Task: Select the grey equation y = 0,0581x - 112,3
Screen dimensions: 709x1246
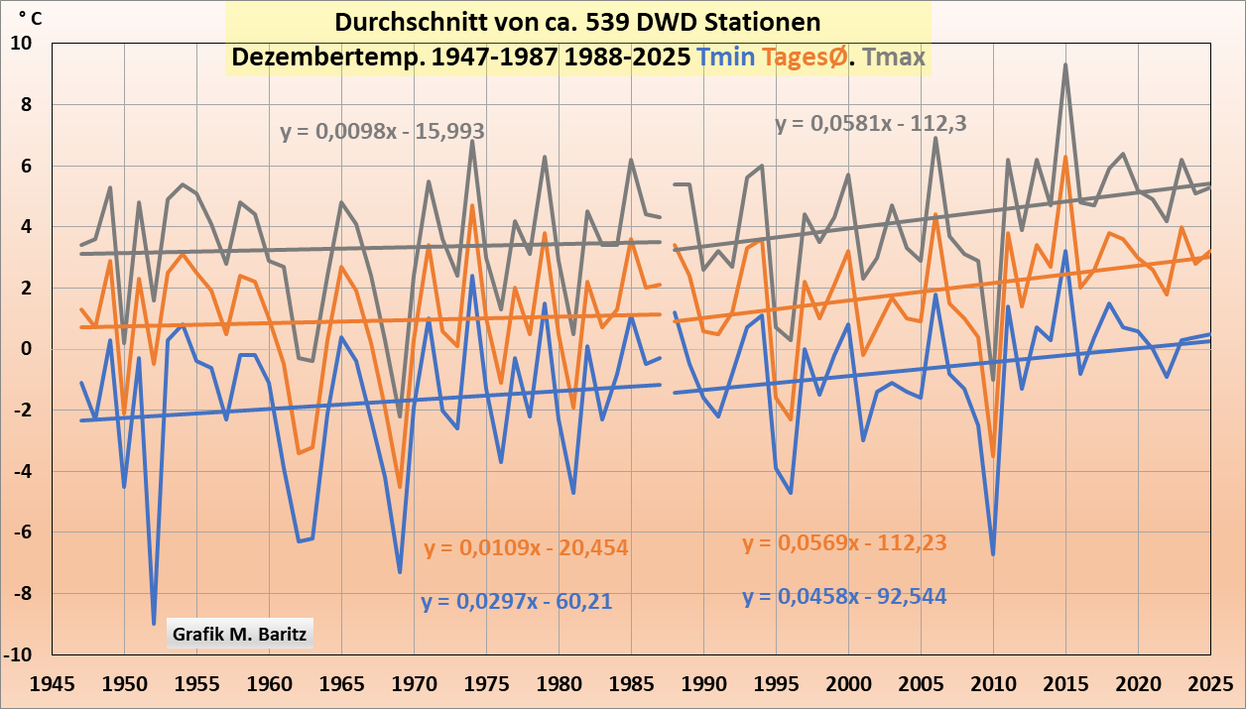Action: coord(871,124)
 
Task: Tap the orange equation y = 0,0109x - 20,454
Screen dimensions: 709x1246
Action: coord(526,547)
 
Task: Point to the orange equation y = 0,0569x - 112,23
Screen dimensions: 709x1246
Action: coord(844,542)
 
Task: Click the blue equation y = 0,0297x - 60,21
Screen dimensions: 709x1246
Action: coord(516,601)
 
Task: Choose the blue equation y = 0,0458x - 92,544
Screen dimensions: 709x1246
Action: coord(844,597)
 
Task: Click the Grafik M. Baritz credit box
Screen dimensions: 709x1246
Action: coord(240,633)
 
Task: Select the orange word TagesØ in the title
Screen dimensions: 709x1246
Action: coord(806,58)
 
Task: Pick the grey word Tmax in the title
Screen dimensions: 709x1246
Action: coord(894,58)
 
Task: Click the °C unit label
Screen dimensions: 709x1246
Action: coord(30,17)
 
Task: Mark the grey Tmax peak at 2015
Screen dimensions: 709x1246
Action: coord(1065,65)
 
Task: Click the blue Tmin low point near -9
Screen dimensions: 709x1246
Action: coord(154,624)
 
